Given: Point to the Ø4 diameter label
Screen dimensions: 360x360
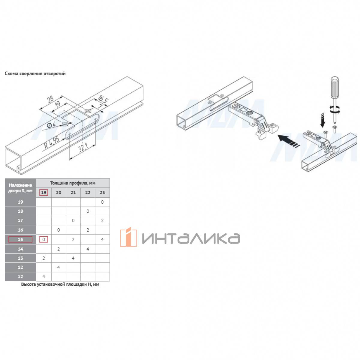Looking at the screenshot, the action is click(x=51, y=124).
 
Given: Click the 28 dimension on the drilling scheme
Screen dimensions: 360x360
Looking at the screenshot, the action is click(x=50, y=99).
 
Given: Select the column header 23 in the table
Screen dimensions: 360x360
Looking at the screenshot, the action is click(x=102, y=192).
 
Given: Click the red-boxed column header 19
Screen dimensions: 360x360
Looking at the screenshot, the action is click(x=43, y=192).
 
